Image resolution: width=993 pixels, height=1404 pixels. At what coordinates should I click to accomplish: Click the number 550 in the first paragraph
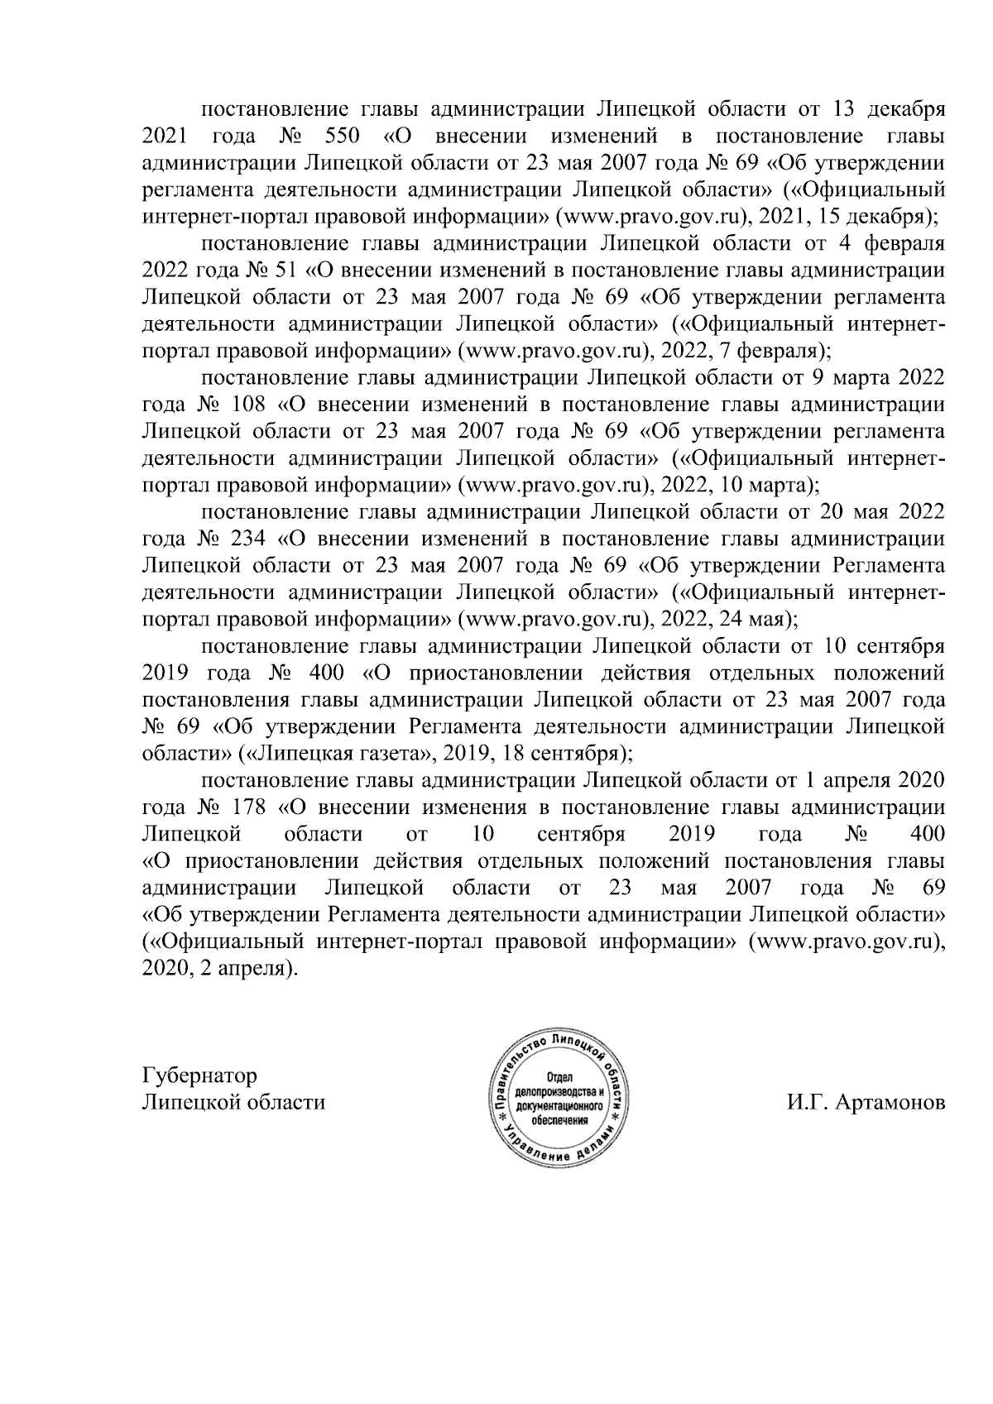coord(341,136)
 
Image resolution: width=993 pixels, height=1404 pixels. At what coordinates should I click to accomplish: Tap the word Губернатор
coord(199,1076)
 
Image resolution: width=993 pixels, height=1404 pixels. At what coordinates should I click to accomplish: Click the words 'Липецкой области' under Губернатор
coord(234,1103)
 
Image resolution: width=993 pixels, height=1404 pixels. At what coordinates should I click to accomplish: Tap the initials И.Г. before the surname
coord(807,1103)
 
